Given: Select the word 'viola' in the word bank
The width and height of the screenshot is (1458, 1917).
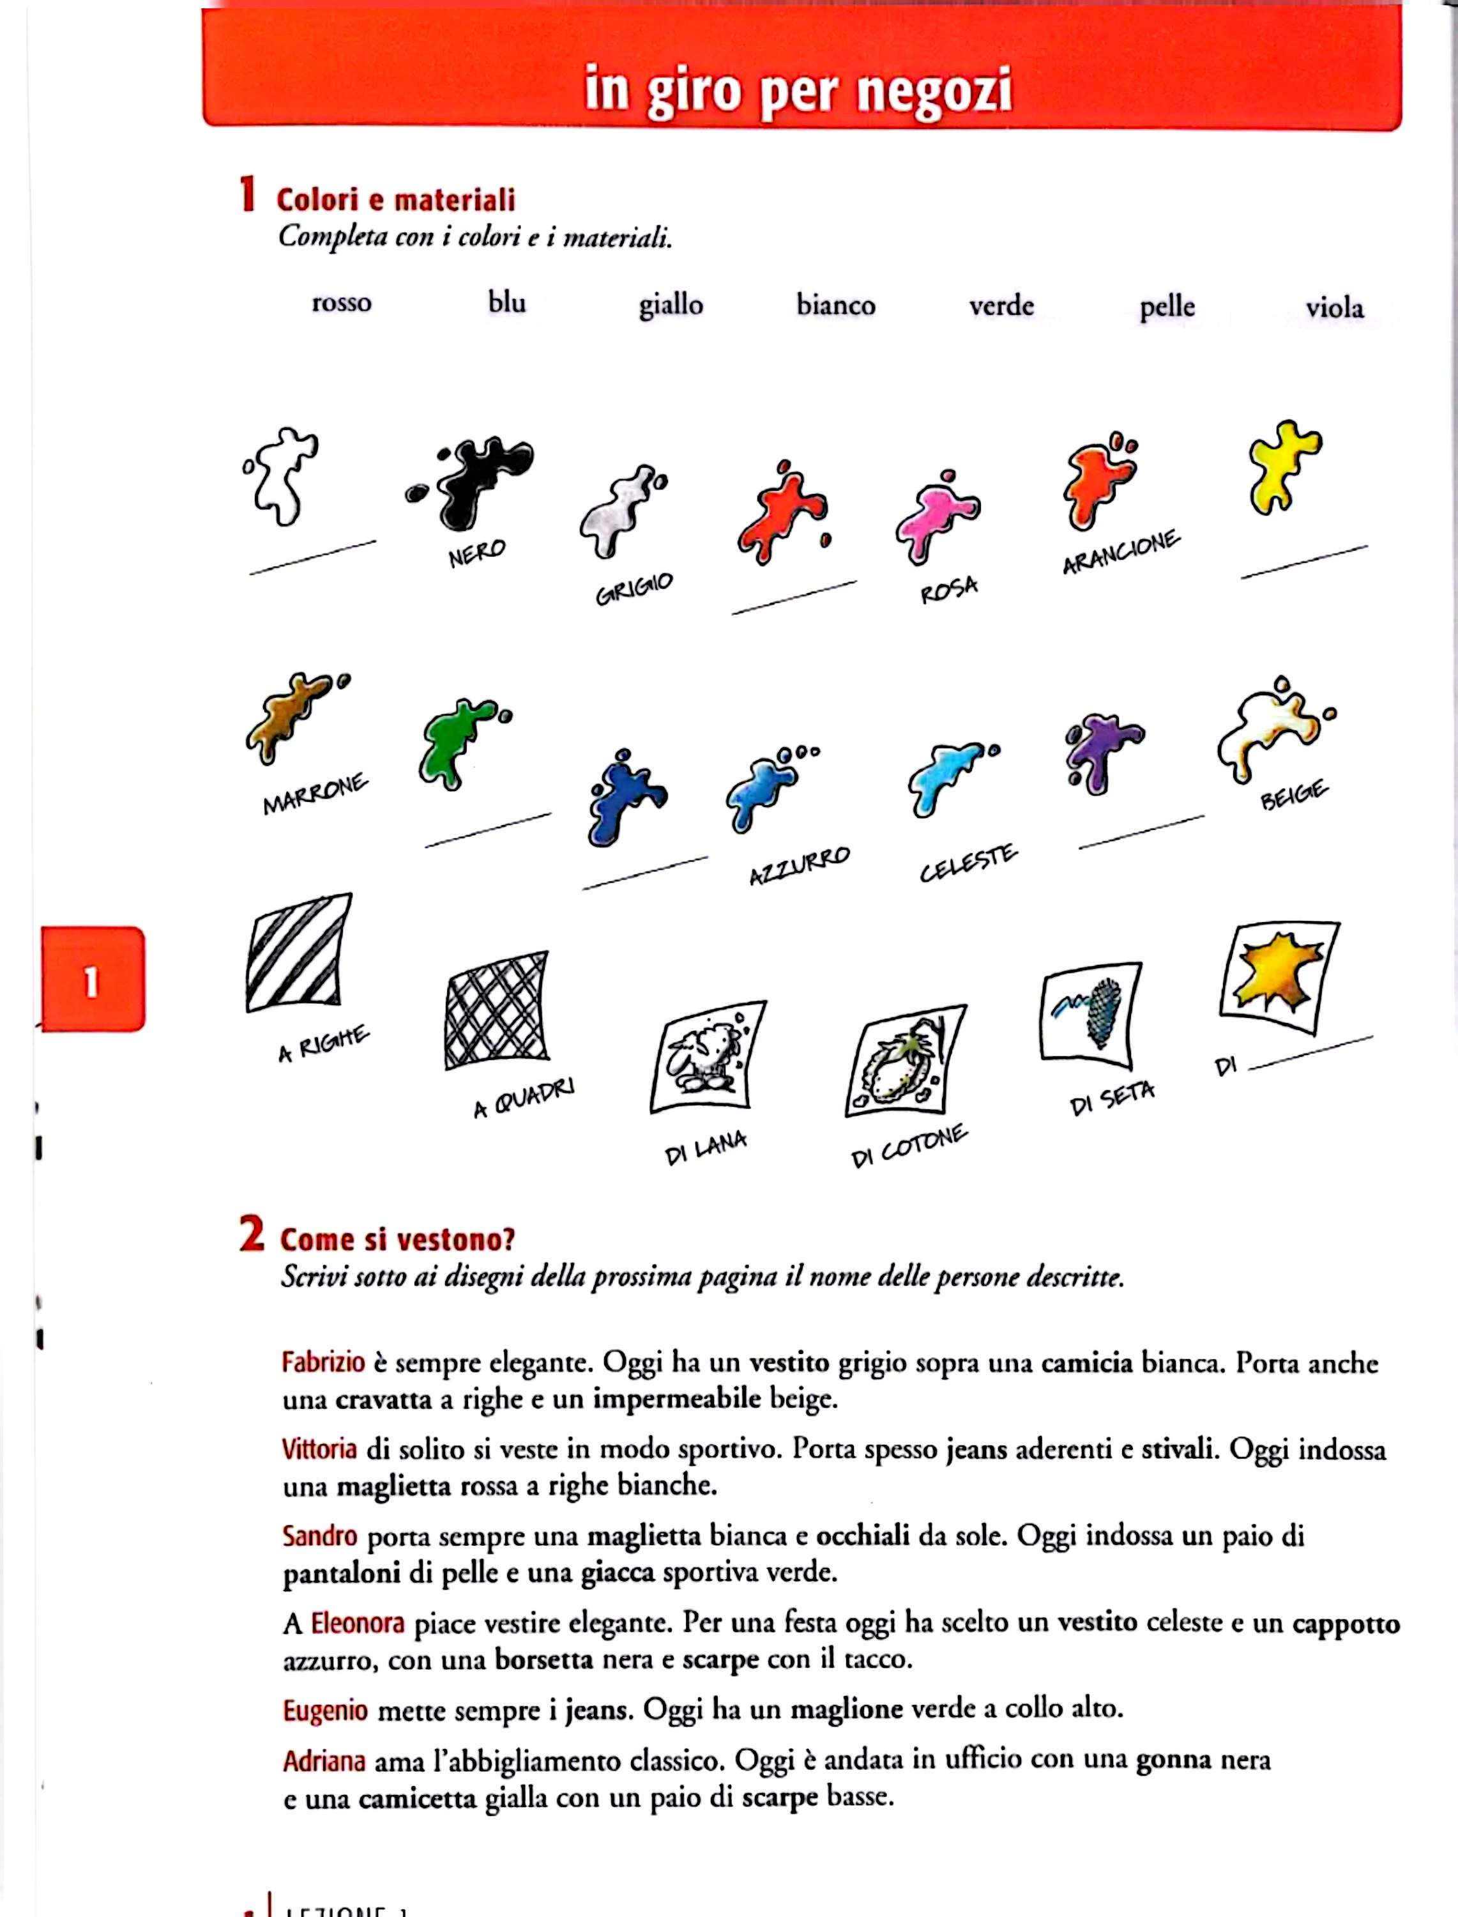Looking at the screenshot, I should point(1334,308).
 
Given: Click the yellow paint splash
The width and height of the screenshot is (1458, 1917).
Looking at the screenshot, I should point(1282,466).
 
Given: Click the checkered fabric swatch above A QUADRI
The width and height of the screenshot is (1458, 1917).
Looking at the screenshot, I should point(496,1011).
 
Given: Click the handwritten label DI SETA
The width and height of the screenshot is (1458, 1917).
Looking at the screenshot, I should point(1112,1099).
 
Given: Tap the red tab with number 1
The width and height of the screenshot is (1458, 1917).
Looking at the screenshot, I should point(92,980).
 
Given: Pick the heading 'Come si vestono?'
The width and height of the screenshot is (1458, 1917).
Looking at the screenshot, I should point(397,1239).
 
